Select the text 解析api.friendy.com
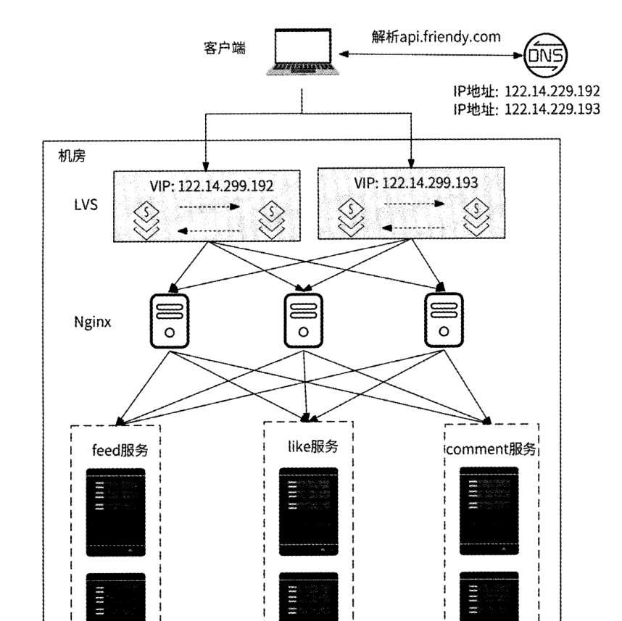click(x=435, y=37)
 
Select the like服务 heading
click(x=309, y=447)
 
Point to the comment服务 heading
click(x=491, y=449)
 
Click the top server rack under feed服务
click(x=116, y=512)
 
